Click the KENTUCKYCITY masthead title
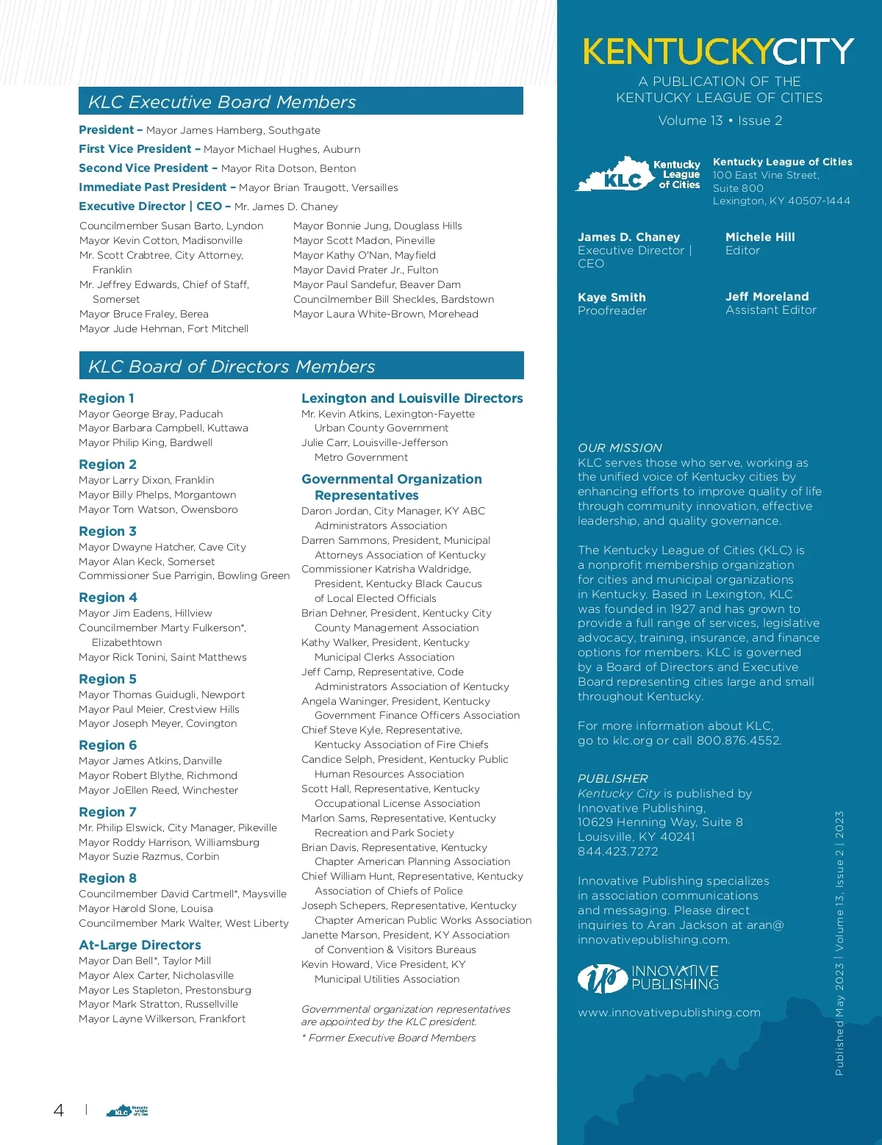718,51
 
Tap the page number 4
59,1110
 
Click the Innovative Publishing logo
648,977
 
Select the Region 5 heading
107,679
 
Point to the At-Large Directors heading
140,945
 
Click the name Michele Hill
760,237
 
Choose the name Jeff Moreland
767,296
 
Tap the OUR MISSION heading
620,448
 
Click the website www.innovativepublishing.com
669,1012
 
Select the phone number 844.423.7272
617,851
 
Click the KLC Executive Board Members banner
301,101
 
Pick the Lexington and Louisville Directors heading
412,398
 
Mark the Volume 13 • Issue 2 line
720,121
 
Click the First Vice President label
135,148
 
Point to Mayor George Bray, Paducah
151,414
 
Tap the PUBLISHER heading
612,778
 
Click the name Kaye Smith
612,297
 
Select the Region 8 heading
107,878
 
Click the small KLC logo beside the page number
127,1110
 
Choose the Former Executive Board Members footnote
389,1038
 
